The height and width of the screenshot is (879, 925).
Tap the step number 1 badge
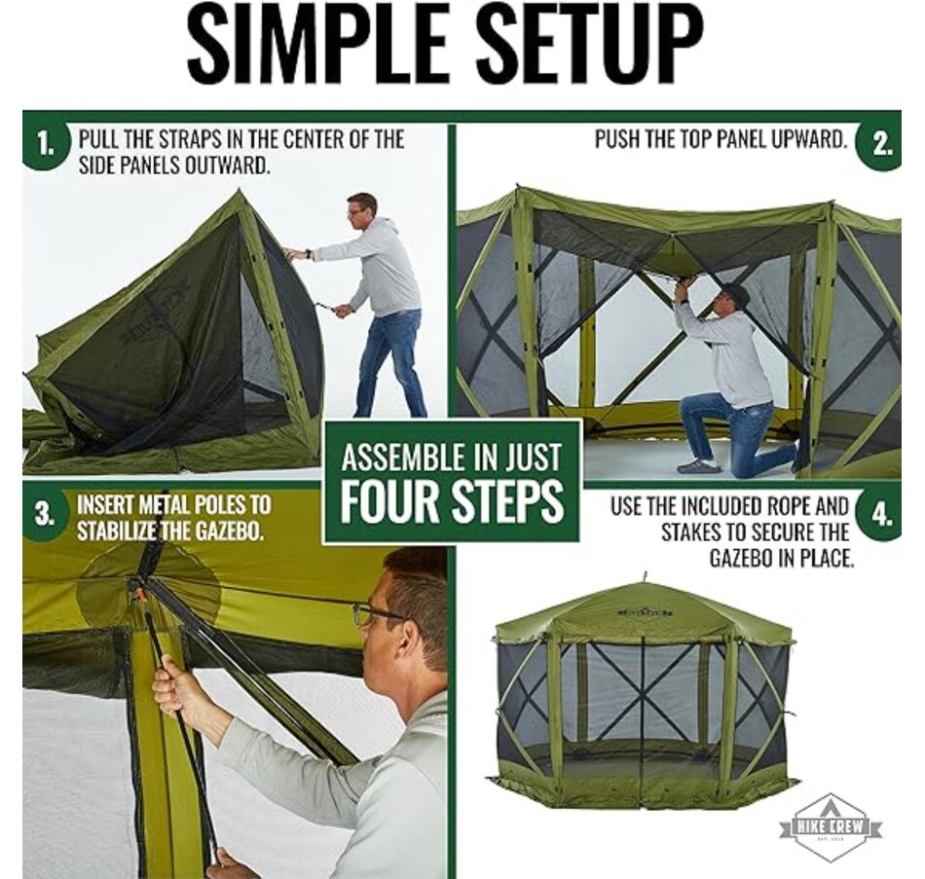pyautogui.click(x=44, y=146)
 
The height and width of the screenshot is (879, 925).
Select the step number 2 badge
pyautogui.click(x=880, y=144)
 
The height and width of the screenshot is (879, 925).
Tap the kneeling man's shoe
pyautogui.click(x=698, y=466)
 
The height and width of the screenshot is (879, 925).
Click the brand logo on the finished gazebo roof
pyautogui.click(x=643, y=612)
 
